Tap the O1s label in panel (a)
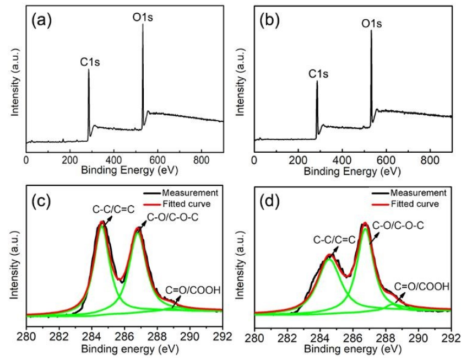point(143,18)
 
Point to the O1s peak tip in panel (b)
point(371,31)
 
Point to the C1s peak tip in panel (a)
point(89,69)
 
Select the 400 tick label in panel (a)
point(114,160)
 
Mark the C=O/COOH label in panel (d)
point(422,287)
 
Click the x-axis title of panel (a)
point(124,170)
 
